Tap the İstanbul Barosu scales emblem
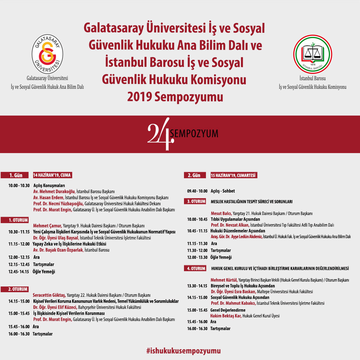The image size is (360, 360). [x=312, y=54]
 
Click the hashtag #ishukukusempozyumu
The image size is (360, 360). [x=183, y=351]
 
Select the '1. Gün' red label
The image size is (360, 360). [x=16, y=175]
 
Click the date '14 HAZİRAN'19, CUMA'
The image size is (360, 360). [x=52, y=175]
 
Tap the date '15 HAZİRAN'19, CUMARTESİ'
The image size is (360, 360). [x=234, y=175]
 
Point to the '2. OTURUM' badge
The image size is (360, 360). [x=18, y=289]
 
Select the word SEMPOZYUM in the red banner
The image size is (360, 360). [x=194, y=133]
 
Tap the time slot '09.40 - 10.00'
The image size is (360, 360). [x=197, y=191]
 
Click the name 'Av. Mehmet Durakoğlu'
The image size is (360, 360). [x=54, y=192]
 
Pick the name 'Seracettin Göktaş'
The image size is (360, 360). [x=49, y=295]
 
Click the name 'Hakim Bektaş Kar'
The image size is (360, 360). [x=226, y=316]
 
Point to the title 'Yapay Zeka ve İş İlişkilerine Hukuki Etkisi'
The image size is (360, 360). [x=70, y=244]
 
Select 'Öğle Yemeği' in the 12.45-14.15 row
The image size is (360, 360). [x=44, y=272]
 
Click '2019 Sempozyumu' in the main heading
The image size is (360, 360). [x=175, y=97]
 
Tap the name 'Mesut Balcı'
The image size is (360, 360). [x=221, y=213]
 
